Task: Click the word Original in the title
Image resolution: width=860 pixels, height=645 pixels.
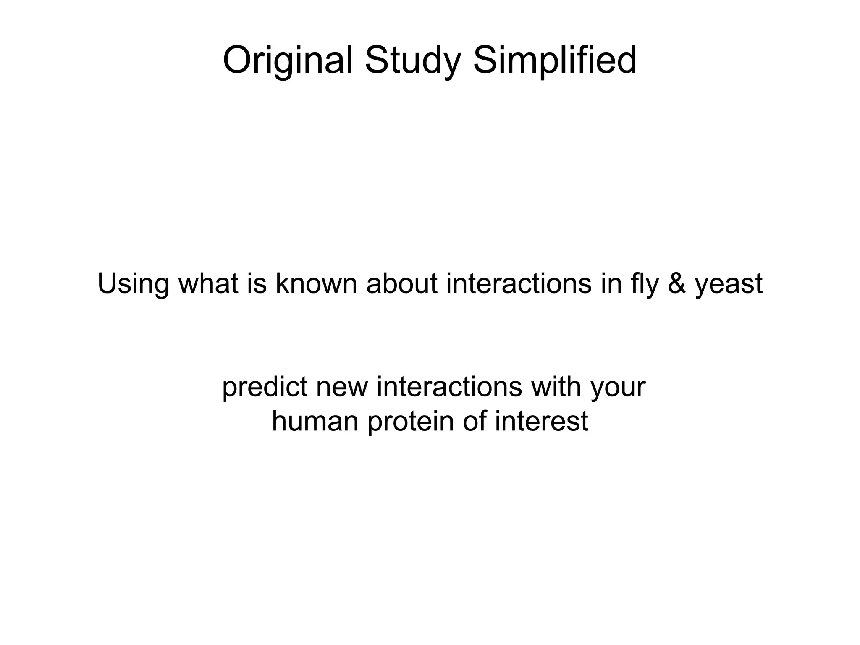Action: (287, 61)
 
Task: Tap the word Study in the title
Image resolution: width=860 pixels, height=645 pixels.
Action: (413, 61)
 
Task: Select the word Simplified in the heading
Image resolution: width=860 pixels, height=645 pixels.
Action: (555, 61)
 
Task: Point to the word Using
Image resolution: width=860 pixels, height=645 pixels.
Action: (133, 284)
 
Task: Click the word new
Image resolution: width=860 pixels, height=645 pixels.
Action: (342, 387)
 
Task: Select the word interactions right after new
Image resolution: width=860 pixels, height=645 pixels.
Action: (449, 387)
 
